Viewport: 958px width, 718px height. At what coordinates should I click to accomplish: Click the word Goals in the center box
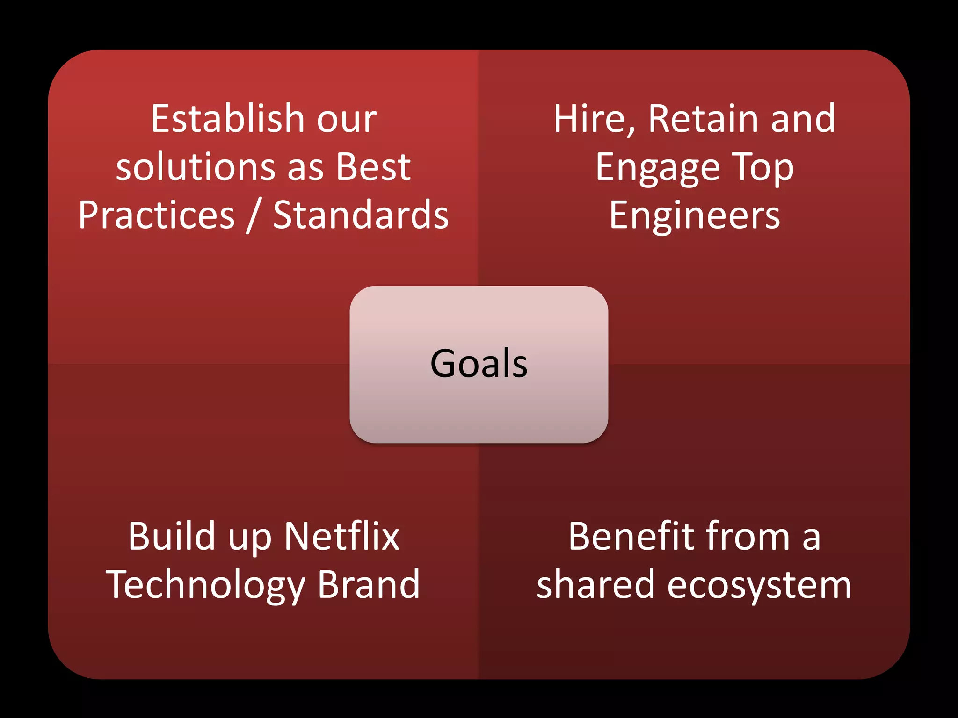pyautogui.click(x=479, y=364)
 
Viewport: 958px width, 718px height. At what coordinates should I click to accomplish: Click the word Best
pyautogui.click(x=373, y=167)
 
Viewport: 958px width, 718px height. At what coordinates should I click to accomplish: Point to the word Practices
pyautogui.click(x=157, y=215)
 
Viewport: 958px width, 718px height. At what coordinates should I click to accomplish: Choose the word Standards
pyautogui.click(x=361, y=215)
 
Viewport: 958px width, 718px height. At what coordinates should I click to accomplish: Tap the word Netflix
pyautogui.click(x=341, y=537)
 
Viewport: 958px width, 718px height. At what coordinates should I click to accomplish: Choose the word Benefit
pyautogui.click(x=632, y=537)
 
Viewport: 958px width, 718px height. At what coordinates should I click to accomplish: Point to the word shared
pyautogui.click(x=595, y=584)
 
